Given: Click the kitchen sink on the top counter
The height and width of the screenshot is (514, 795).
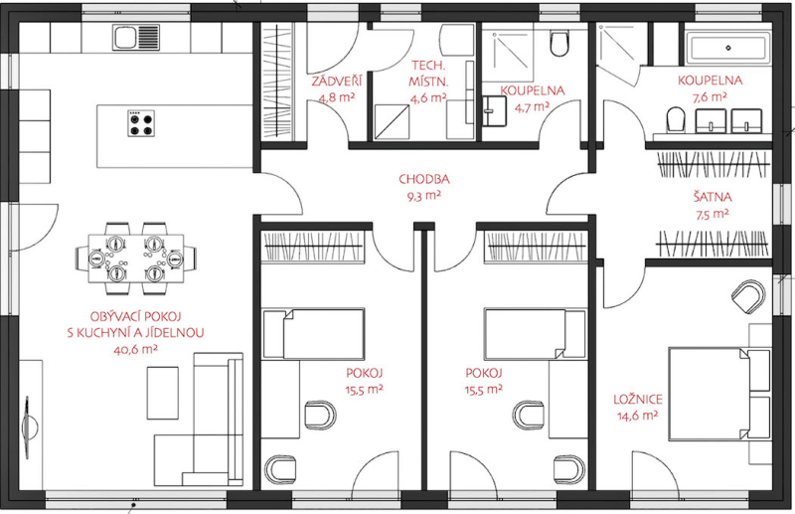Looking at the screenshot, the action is [x=136, y=38].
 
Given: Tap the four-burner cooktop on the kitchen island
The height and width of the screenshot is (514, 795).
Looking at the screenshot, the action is [x=141, y=123].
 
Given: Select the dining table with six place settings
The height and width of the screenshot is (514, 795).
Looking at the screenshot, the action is [x=136, y=258].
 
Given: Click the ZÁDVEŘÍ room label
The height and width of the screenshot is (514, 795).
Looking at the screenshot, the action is [x=336, y=82].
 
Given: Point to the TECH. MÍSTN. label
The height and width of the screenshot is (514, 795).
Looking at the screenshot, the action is [x=428, y=73].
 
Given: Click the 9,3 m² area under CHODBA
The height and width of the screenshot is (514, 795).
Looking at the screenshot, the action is [x=424, y=196].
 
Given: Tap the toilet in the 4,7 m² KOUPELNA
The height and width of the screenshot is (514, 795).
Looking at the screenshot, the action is [x=559, y=43].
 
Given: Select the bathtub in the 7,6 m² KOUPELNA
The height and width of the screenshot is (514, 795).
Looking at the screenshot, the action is [x=728, y=48].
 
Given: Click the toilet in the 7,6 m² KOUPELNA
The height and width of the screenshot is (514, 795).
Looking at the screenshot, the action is [x=676, y=120].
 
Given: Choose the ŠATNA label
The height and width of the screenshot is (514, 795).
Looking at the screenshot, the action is [x=713, y=197].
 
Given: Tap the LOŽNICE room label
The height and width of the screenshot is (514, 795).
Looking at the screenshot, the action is [x=638, y=399].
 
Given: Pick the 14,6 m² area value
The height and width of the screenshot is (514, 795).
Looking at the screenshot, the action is [x=637, y=416].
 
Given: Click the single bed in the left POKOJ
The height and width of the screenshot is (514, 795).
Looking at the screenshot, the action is [x=313, y=334].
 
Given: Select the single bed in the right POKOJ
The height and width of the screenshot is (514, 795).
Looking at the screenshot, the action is [x=535, y=334].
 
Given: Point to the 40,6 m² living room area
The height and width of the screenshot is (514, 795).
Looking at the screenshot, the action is [x=135, y=350].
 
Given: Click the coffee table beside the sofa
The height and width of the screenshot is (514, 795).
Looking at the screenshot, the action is [x=163, y=393].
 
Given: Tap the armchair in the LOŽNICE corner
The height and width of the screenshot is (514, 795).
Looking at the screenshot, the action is [x=748, y=297].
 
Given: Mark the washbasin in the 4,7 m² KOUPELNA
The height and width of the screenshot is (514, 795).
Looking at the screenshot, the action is [x=494, y=111].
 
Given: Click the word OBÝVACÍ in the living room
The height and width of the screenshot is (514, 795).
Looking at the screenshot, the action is [x=114, y=316].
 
